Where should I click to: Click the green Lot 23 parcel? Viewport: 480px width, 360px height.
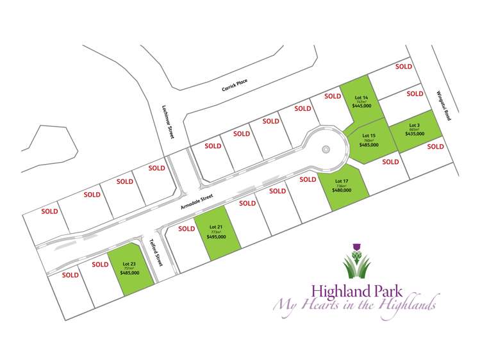(x=131, y=269)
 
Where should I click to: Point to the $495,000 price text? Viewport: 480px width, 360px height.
(x=217, y=237)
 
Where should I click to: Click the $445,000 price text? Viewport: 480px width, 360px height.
(x=361, y=107)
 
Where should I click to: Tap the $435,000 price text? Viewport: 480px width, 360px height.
(x=415, y=133)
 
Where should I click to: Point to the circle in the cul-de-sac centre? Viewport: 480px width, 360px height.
(x=326, y=150)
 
